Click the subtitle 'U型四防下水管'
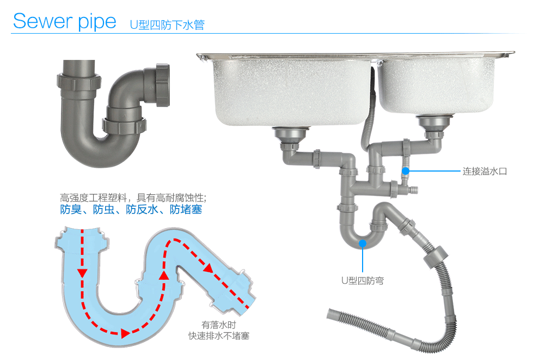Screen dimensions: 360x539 click(x=167, y=25)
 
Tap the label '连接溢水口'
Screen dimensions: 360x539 click(x=485, y=171)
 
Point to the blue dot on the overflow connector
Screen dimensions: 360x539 click(x=406, y=171)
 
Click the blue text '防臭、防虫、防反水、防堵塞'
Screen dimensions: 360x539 click(x=131, y=209)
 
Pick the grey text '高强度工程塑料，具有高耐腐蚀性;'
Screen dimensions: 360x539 click(x=133, y=197)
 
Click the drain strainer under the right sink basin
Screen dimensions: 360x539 click(x=435, y=123)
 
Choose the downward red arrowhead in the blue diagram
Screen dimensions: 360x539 click(x=82, y=272)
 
